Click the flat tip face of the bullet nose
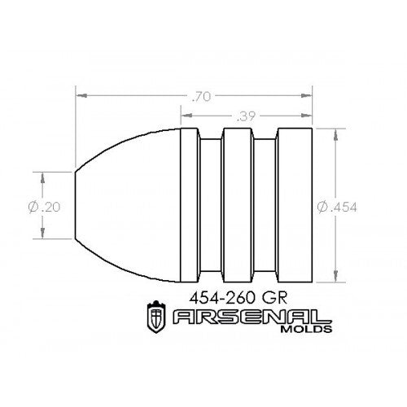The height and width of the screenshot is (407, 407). [x=77, y=206]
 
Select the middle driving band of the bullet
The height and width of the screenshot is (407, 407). [x=239, y=206]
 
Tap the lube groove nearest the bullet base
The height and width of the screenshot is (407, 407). [x=265, y=206]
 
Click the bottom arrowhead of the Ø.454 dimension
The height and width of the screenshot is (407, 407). [x=336, y=279]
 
